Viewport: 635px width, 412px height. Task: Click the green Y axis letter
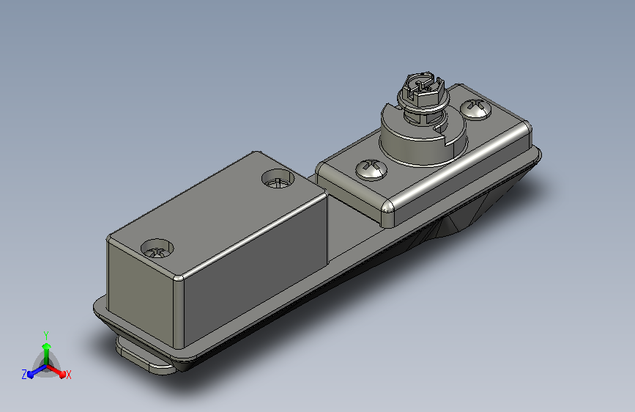pyautogui.click(x=46, y=336)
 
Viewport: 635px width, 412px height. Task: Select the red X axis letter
pyautogui.click(x=68, y=375)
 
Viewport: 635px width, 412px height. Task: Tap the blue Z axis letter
pyautogui.click(x=24, y=375)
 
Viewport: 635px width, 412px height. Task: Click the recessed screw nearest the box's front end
pyautogui.click(x=157, y=249)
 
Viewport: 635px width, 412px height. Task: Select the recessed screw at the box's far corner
pyautogui.click(x=278, y=179)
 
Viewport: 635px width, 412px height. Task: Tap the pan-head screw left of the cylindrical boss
pyautogui.click(x=371, y=169)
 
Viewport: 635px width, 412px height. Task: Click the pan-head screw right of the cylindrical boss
pyautogui.click(x=476, y=109)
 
